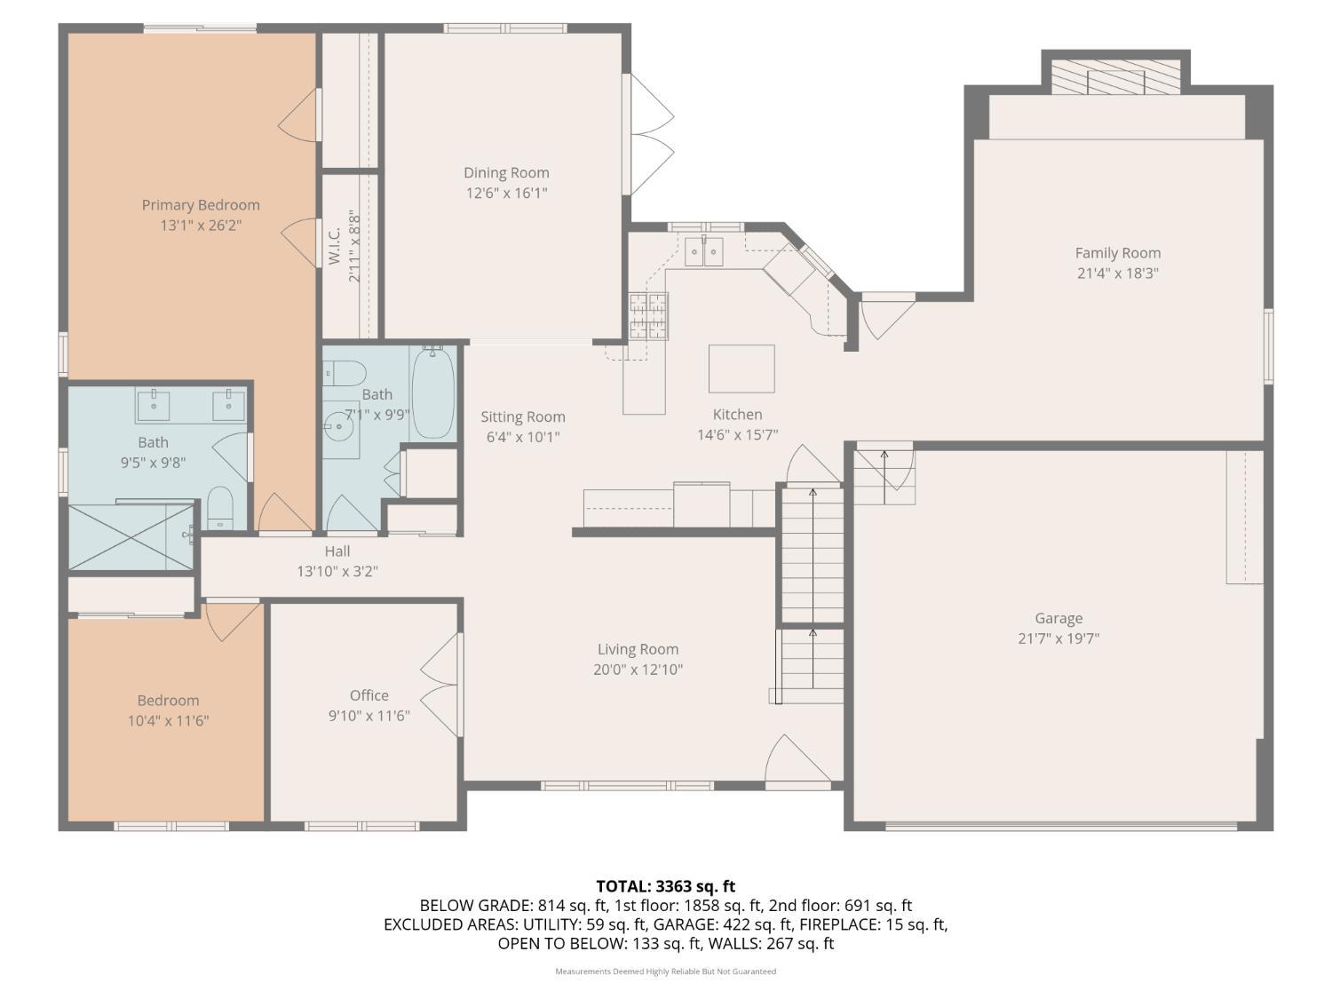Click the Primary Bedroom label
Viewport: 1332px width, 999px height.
(x=201, y=205)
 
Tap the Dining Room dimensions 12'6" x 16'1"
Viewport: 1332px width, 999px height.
(x=507, y=193)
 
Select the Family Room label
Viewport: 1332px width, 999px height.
(x=1118, y=253)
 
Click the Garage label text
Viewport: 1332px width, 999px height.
(x=1058, y=618)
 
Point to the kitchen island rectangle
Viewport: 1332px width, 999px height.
(x=741, y=369)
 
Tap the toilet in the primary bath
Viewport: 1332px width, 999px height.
(x=220, y=507)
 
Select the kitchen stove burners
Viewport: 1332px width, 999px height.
(x=648, y=315)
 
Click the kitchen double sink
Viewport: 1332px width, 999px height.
(x=704, y=251)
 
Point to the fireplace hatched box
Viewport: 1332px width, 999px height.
(x=1116, y=77)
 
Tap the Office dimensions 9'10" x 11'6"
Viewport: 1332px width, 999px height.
(x=369, y=716)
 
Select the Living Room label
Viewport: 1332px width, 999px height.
(x=638, y=649)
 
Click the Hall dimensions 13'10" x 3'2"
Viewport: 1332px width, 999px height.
(x=337, y=571)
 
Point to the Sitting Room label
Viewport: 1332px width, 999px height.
(x=523, y=416)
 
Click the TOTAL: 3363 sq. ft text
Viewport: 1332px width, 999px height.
(x=666, y=886)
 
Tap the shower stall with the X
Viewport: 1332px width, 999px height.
(x=131, y=537)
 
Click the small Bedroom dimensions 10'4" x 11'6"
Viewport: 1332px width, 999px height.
(x=168, y=720)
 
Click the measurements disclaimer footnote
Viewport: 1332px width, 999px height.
(x=666, y=971)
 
